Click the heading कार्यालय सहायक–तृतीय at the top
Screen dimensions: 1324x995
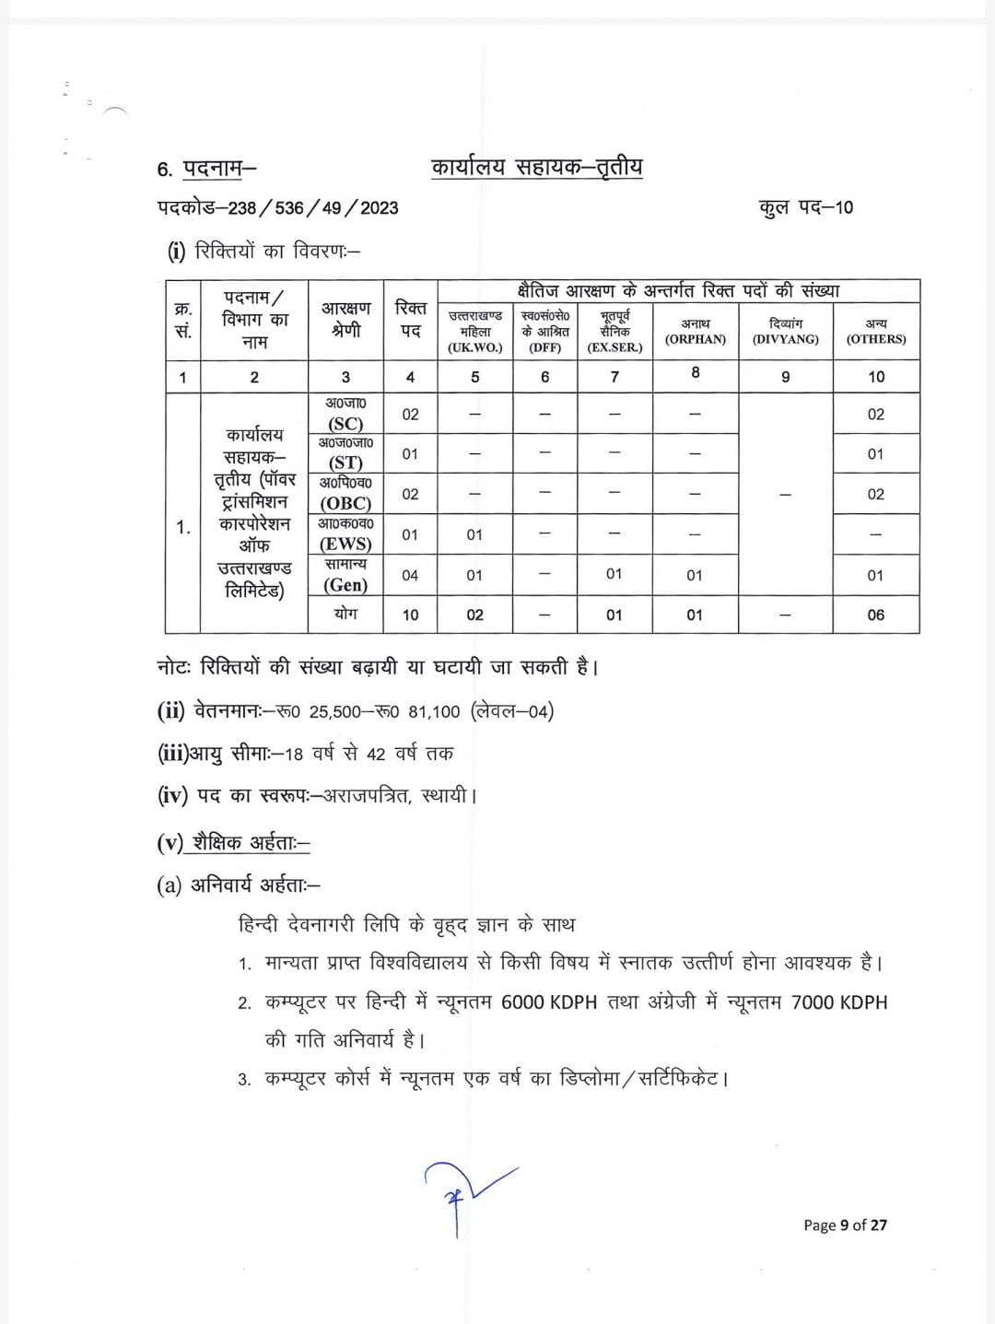(536, 168)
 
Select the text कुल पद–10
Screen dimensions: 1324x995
(806, 207)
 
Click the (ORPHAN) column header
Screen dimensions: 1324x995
(695, 339)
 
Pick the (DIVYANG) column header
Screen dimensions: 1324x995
(785, 339)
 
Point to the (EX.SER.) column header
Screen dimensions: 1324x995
(615, 347)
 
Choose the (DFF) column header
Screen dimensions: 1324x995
(545, 347)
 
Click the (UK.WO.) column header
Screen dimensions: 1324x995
(474, 347)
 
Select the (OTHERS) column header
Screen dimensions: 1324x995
(875, 339)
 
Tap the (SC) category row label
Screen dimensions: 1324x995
(345, 424)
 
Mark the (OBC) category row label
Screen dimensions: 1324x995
(345, 503)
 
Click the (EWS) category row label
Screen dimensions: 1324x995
(345, 544)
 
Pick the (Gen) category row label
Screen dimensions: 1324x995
(345, 584)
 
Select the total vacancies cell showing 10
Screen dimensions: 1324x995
(410, 615)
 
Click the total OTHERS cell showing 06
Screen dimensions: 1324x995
(875, 615)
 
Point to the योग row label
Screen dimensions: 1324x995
(345, 613)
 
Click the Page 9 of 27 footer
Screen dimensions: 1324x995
(845, 1224)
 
